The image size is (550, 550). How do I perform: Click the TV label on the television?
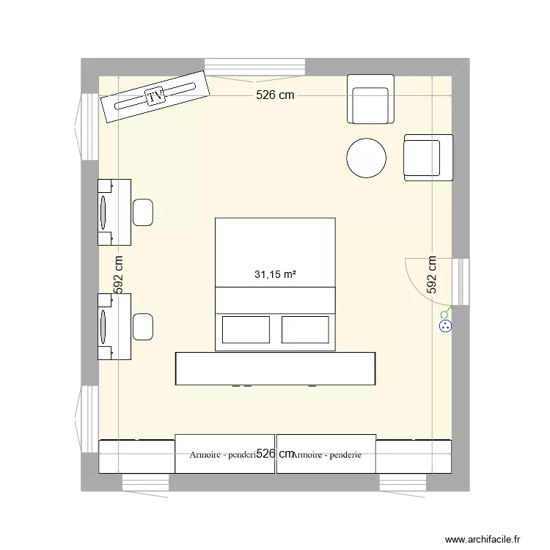click(155, 96)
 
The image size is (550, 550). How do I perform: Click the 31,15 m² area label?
click(275, 276)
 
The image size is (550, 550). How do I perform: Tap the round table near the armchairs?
click(366, 158)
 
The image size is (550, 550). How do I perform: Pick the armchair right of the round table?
click(428, 158)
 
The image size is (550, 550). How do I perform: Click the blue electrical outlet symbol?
click(444, 326)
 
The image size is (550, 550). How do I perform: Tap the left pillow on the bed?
click(246, 330)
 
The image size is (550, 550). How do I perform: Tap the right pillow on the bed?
click(305, 330)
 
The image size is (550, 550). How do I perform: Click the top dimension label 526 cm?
click(275, 95)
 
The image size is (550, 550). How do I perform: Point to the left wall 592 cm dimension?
click(118, 275)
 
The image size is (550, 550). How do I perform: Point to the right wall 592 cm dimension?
click(432, 275)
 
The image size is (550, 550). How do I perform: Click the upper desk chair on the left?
click(143, 212)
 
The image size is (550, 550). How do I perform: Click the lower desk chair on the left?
click(143, 326)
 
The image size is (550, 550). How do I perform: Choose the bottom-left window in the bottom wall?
click(145, 483)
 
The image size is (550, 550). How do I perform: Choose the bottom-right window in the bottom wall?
click(403, 483)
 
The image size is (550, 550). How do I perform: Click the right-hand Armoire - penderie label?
click(326, 455)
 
